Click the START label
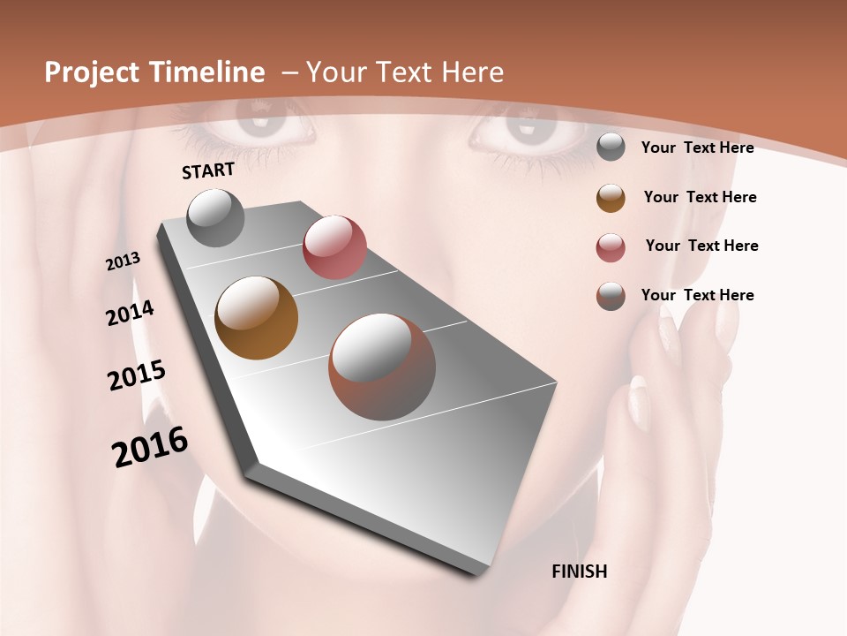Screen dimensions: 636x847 coord(208,170)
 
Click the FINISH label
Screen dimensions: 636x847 coord(580,572)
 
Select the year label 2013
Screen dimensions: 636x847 coord(123,261)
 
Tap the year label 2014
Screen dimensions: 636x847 coord(130,314)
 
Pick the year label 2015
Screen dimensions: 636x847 coord(137,375)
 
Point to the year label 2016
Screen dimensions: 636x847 coord(150,447)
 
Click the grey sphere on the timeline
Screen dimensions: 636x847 coord(215,217)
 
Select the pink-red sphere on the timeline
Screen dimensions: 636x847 coord(334,247)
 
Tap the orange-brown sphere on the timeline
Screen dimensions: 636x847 coord(256,318)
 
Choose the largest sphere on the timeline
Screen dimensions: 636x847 coord(382,367)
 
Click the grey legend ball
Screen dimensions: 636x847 coord(611,147)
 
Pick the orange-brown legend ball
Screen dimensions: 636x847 coord(611,198)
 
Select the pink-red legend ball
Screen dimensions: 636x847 coord(611,247)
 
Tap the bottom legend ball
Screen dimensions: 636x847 coord(611,296)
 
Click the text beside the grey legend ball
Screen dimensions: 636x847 coord(697,148)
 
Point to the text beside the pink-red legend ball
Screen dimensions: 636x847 coord(701,246)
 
